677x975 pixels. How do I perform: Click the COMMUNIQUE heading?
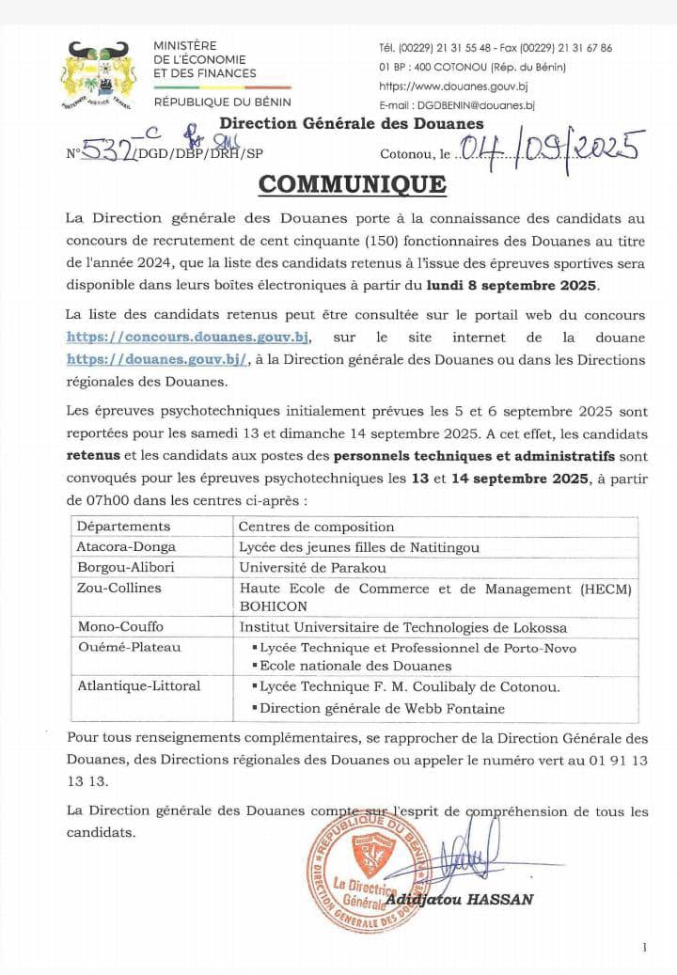tap(352, 183)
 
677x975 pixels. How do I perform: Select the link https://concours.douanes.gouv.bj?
tap(187, 338)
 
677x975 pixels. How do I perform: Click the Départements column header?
tap(123, 527)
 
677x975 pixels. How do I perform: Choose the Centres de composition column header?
tap(316, 527)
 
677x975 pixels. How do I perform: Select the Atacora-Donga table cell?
tap(126, 546)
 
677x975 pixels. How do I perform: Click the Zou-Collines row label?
tap(118, 588)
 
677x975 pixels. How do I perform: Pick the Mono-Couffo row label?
tap(120, 627)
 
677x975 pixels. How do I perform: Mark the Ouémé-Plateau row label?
tap(129, 647)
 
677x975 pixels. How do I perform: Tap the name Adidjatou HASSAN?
tap(459, 899)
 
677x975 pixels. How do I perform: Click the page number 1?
tap(644, 947)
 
